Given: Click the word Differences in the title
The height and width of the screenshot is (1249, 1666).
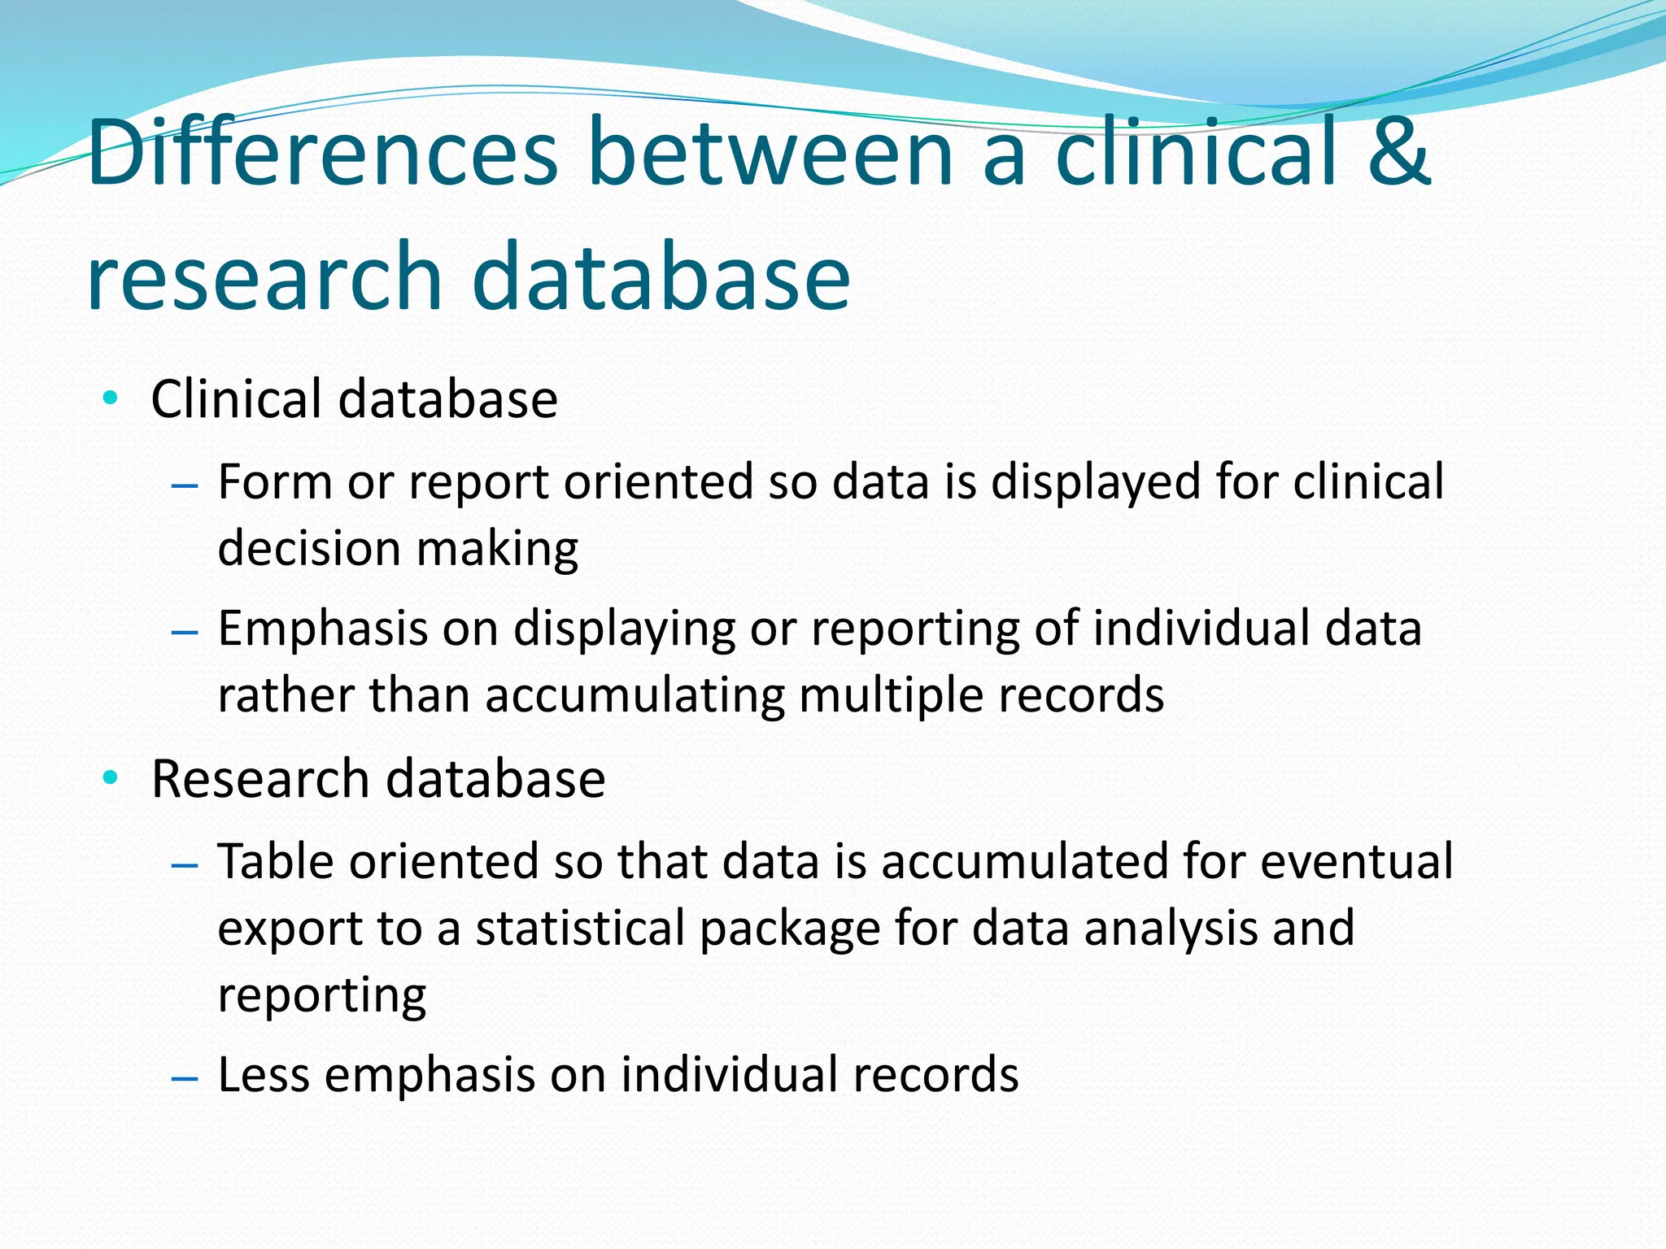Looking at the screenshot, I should click(322, 152).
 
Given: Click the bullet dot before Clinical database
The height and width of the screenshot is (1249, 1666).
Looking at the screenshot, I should click(111, 398).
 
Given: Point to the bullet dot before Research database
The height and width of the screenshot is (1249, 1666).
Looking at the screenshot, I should click(111, 778).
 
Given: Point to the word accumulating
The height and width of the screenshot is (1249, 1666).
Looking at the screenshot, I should click(635, 696).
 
